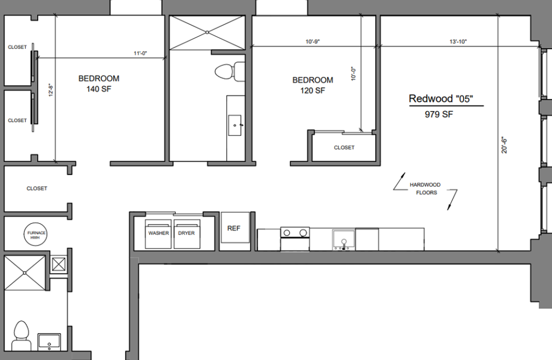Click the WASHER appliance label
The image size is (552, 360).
pos(159,233)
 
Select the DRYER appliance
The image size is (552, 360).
pos(187,233)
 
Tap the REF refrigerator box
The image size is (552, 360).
pos(233,229)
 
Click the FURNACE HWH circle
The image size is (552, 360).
pos(36,235)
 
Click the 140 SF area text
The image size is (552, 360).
pos(99,89)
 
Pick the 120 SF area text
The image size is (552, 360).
pos(313,91)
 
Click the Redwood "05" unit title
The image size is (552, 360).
pos(444,99)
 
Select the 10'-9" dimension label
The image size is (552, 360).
pos(313,41)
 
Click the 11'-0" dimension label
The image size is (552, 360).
pos(141,53)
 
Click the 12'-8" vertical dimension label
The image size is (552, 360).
pos(51,89)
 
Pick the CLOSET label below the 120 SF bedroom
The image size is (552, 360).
pos(344,148)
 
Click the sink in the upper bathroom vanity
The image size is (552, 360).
pos(235,125)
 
